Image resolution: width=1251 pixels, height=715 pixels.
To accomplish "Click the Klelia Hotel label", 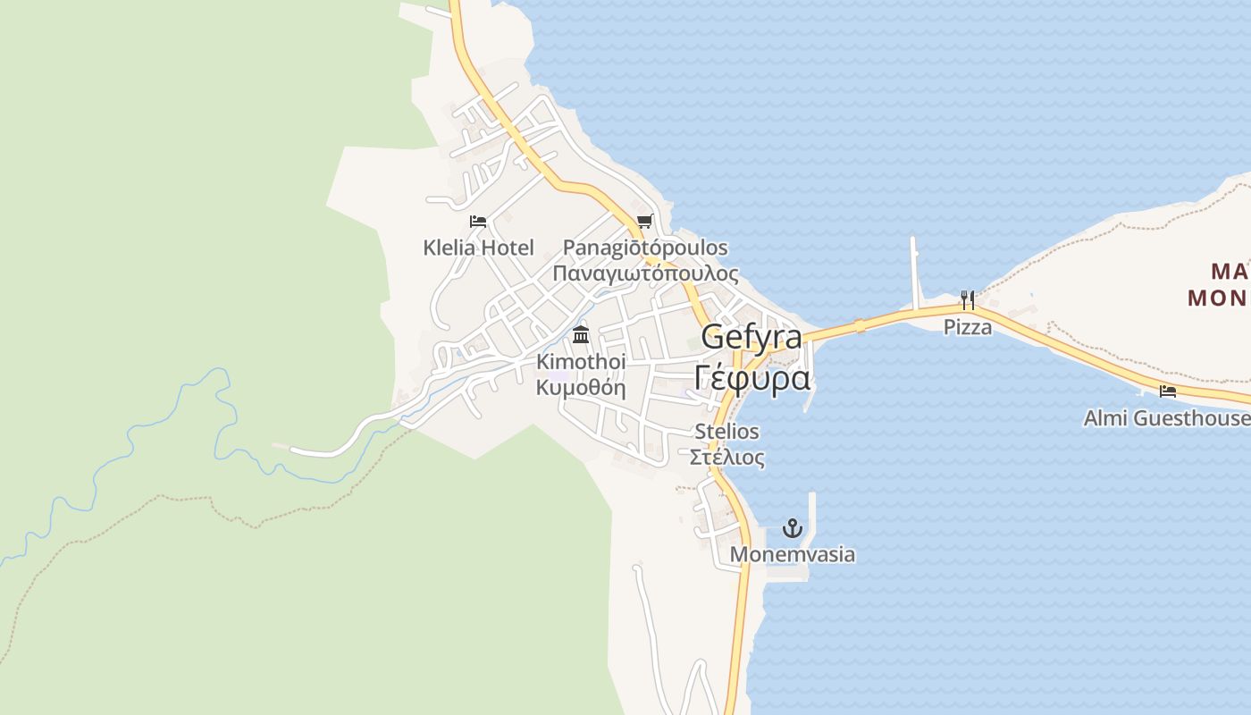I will click(478, 248).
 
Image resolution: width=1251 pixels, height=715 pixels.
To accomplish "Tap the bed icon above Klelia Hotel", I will click(478, 221).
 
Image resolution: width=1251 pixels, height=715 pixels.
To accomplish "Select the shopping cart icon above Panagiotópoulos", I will click(644, 221).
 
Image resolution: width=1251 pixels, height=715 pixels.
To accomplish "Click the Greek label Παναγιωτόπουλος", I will click(645, 273).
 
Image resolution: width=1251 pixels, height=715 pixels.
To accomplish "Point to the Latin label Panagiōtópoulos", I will click(645, 248).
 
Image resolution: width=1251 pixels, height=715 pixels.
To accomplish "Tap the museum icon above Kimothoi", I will click(581, 336).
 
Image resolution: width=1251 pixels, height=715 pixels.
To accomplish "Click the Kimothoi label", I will click(581, 362).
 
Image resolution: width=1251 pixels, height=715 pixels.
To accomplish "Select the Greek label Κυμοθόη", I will click(581, 388).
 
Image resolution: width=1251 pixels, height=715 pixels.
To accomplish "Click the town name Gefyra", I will click(751, 337).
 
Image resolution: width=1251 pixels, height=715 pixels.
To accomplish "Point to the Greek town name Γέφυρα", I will click(751, 378).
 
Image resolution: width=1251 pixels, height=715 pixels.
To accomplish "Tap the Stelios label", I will click(727, 432).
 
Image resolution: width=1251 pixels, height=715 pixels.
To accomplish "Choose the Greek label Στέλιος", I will click(727, 458).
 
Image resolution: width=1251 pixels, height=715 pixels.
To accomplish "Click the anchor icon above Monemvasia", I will click(792, 528).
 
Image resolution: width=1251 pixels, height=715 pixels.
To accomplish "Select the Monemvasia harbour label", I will click(792, 554).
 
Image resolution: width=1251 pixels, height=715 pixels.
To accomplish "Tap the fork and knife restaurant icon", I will click(968, 300).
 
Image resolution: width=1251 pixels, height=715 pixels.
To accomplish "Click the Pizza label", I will click(968, 327).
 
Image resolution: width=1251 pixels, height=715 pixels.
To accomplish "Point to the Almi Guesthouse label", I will click(1166, 417).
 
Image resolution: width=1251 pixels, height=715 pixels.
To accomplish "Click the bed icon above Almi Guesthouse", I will click(1167, 391).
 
